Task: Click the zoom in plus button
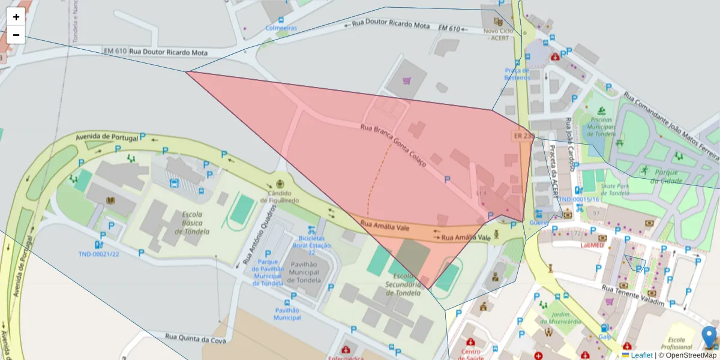tap(16, 17)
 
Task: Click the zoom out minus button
tap(16, 35)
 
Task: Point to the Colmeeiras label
tap(283, 28)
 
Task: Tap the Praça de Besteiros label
tap(517, 73)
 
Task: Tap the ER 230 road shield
tap(523, 136)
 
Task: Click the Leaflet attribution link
tap(641, 355)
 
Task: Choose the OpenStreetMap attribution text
tap(691, 355)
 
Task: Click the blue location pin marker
tap(709, 337)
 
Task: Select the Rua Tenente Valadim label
tap(635, 296)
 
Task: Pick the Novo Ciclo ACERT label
tap(496, 34)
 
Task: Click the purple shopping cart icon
tap(407, 81)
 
